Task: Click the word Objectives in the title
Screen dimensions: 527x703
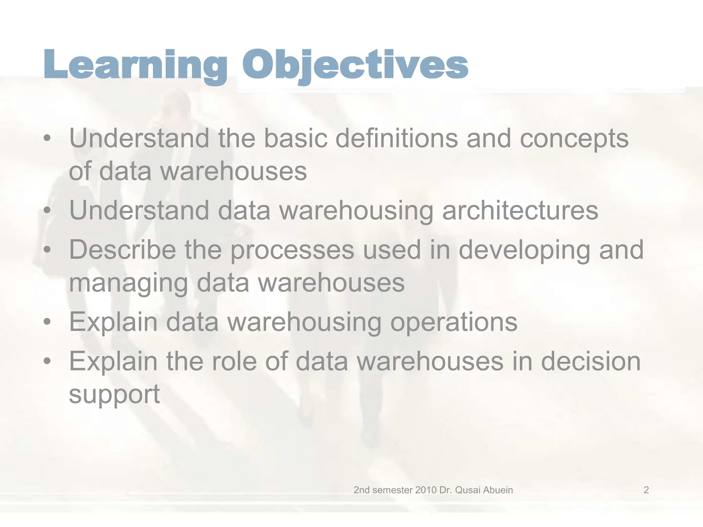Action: pos(355,65)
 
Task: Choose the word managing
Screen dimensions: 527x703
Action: pos(128,284)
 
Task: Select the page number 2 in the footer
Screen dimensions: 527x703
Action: pos(646,490)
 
